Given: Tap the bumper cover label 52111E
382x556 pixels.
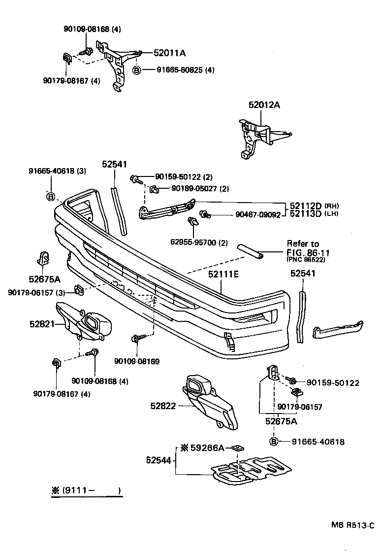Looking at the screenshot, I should pyautogui.click(x=223, y=275).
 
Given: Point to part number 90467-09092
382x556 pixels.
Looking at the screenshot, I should pyautogui.click(x=257, y=215).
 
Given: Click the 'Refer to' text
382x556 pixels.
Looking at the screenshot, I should pyautogui.click(x=303, y=243).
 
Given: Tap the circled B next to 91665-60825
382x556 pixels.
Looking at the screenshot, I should pyautogui.click(x=137, y=70).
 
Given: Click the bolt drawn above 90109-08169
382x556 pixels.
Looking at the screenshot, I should pyautogui.click(x=136, y=340).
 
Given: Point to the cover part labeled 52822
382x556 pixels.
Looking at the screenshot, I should pyautogui.click(x=209, y=402).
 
